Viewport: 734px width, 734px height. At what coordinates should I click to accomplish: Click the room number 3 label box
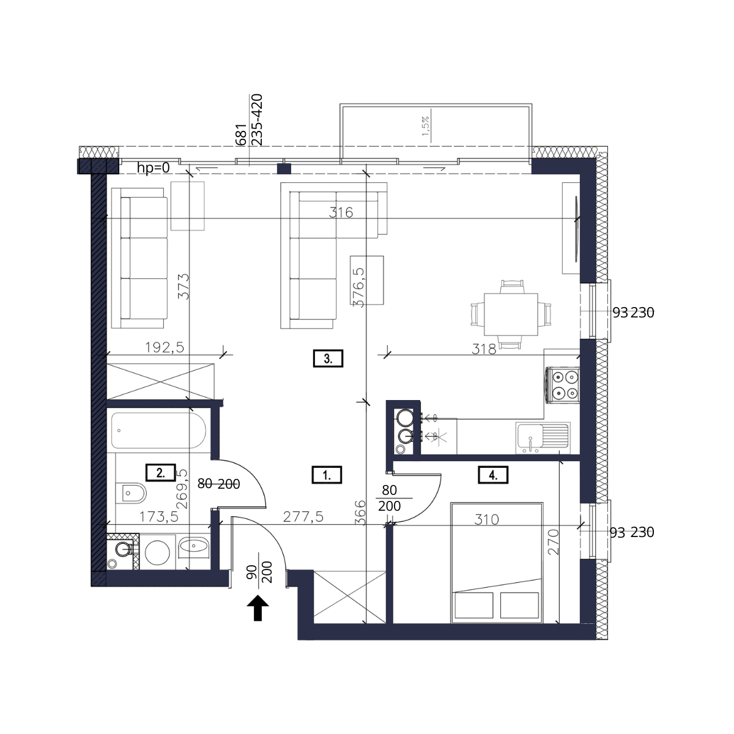[328, 358]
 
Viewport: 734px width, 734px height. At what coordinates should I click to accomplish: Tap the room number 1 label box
[327, 475]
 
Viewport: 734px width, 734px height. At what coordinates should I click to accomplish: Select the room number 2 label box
[160, 473]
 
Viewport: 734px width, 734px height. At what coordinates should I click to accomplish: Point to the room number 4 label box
[493, 475]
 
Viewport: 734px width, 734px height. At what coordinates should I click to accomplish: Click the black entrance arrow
[258, 608]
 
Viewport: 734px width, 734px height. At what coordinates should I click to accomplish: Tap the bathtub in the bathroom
[159, 431]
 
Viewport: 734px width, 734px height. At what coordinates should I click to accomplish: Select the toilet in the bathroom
[131, 493]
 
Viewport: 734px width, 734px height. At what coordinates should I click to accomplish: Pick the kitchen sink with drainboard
[543, 438]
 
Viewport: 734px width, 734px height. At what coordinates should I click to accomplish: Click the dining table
[511, 314]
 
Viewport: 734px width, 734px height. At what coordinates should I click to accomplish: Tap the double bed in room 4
[497, 563]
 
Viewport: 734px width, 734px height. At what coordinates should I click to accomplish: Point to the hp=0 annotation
[153, 168]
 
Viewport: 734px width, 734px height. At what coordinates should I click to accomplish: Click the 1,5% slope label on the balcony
[426, 126]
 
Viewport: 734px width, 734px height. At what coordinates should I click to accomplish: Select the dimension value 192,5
[165, 347]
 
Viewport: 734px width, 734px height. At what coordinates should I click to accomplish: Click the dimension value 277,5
[303, 516]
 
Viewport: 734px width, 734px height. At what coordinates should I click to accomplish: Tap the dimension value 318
[484, 349]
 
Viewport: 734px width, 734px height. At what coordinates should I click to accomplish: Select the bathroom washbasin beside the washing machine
[194, 546]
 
